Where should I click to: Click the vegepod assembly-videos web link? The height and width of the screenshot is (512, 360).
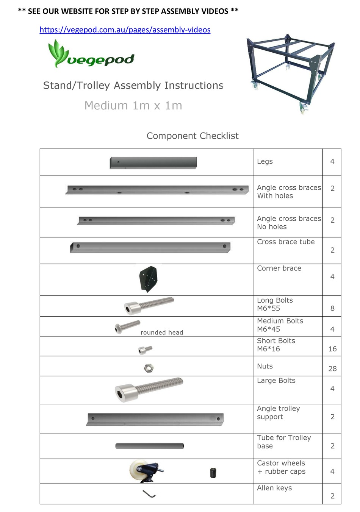pyautogui.click(x=125, y=30)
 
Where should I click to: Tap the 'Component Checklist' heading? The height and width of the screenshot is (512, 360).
pyautogui.click(x=193, y=136)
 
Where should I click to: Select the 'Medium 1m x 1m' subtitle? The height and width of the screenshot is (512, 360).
pyautogui.click(x=133, y=106)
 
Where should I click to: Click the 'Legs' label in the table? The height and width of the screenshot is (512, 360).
pyautogui.click(x=265, y=162)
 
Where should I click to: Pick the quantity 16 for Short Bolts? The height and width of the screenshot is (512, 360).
pyautogui.click(x=332, y=349)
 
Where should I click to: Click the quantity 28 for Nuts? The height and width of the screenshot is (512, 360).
pyautogui.click(x=332, y=368)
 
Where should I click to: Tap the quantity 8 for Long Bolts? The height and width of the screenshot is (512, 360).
pyautogui.click(x=332, y=308)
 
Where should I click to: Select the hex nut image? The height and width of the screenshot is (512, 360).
pyautogui.click(x=149, y=368)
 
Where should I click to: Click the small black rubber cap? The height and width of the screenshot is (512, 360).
pyautogui.click(x=213, y=473)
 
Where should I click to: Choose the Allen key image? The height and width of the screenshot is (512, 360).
pyautogui.click(x=149, y=494)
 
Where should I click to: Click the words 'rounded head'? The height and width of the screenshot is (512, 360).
pyautogui.click(x=162, y=332)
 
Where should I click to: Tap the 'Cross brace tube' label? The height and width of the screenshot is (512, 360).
pyautogui.click(x=286, y=242)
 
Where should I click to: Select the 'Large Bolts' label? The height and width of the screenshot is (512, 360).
pyautogui.click(x=276, y=381)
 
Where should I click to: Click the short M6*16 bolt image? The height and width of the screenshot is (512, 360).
pyautogui.click(x=145, y=350)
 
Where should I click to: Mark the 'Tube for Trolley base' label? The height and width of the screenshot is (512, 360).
pyautogui.click(x=284, y=442)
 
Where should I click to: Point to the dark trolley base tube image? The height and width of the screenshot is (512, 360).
pyautogui.click(x=150, y=446)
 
